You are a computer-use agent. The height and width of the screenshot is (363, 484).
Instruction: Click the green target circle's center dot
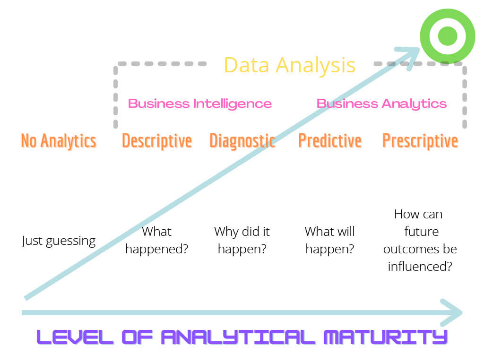tap(447, 36)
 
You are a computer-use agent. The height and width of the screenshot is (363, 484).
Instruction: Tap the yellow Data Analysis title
tap(290, 65)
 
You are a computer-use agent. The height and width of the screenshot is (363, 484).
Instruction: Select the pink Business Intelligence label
tap(200, 104)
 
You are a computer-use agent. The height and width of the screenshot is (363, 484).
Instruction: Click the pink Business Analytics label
tap(381, 104)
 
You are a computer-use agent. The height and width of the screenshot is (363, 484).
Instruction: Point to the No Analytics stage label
tap(59, 141)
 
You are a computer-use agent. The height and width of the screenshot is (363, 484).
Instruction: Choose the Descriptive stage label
tap(157, 141)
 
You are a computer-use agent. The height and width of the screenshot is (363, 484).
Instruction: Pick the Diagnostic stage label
tap(242, 141)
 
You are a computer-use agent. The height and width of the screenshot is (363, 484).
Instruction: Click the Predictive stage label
tap(330, 141)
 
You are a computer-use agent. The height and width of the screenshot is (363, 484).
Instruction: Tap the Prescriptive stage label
tap(420, 141)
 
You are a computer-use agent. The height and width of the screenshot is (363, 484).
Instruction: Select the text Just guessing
tap(58, 241)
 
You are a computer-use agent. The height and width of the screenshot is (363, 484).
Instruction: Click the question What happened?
tap(157, 240)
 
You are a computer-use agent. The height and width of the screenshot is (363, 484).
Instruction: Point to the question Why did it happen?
tap(242, 240)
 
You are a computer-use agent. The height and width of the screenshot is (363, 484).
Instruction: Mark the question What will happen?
tap(329, 240)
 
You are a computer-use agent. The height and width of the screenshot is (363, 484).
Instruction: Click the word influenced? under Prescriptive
tap(420, 267)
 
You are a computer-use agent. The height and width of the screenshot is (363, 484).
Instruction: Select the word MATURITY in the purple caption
tap(386, 337)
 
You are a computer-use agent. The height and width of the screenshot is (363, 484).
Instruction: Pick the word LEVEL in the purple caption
tap(75, 337)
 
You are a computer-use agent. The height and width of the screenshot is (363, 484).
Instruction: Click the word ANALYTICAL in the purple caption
tap(238, 337)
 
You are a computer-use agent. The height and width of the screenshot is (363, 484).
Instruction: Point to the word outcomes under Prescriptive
tap(420, 249)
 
